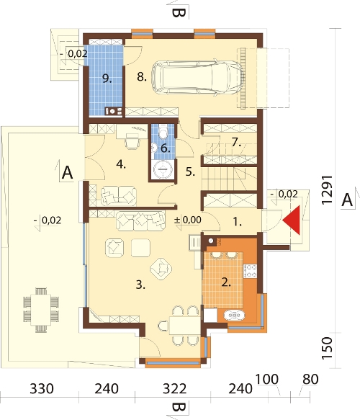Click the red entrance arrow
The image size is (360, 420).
294,220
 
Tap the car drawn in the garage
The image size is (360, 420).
198,77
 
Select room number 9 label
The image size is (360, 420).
107,79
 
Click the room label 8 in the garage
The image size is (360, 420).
142,77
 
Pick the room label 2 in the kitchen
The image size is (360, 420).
226,282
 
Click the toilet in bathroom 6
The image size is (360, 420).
163,132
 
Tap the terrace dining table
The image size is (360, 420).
41,310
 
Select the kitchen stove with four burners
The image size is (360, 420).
250,271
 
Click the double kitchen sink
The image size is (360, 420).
234,316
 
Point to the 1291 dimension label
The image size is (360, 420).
327,190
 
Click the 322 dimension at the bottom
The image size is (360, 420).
174,389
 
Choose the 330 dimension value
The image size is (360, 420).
42,389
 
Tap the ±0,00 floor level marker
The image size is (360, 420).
188,220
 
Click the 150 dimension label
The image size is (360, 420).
327,348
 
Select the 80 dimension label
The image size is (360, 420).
310,379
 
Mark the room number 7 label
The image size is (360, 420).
236,142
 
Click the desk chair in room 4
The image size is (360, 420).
133,141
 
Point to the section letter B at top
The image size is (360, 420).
179,13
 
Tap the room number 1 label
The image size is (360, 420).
237,222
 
